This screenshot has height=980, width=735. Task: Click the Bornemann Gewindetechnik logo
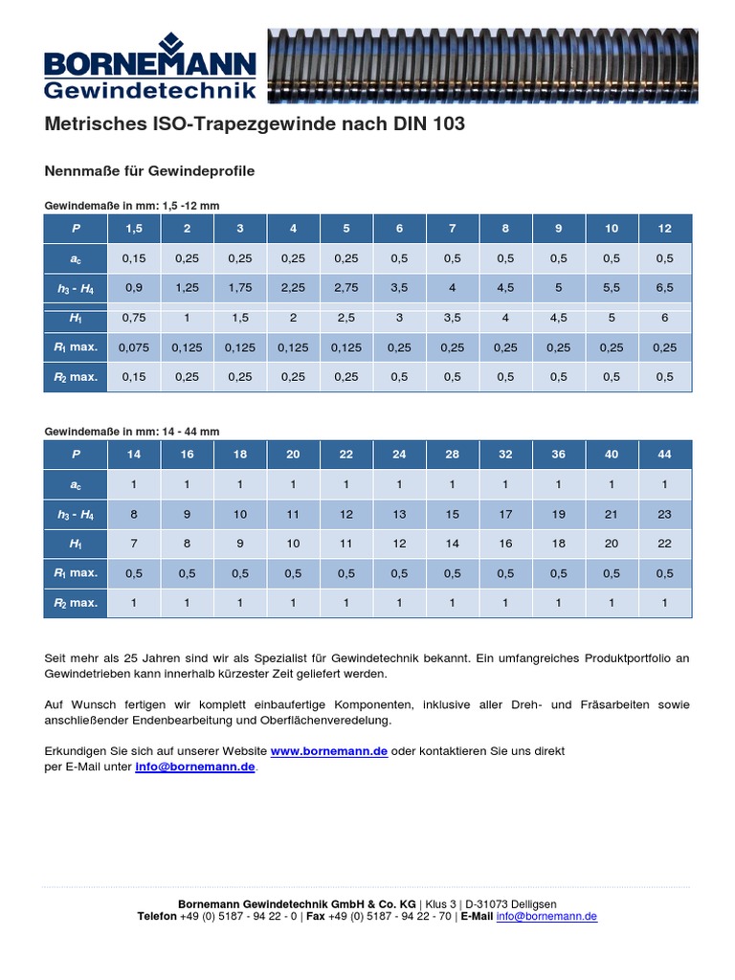coord(150,65)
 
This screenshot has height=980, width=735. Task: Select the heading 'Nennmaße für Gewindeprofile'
coord(149,171)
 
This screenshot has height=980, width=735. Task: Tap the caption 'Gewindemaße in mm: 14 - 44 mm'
coord(132,432)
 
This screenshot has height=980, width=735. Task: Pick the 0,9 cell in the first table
coord(134,287)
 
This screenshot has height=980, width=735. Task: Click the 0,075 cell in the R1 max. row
coord(134,347)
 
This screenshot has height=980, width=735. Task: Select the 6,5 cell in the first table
coord(664,287)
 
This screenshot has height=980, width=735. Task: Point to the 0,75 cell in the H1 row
coord(134,318)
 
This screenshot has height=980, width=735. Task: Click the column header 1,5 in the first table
coord(134,228)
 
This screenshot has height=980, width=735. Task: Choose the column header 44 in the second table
coord(664,455)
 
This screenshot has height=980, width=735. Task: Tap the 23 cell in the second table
coord(664,514)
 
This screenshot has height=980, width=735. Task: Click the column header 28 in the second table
coord(453,455)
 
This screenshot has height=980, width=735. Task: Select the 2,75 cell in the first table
coord(346,287)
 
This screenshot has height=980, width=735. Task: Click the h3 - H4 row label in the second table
coord(76,514)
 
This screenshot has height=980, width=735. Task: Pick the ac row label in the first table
coord(76,257)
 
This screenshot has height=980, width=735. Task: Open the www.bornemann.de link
coord(329,751)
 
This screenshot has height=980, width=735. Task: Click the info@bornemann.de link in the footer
coord(546,916)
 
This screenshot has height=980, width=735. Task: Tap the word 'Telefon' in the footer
coord(157,916)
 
